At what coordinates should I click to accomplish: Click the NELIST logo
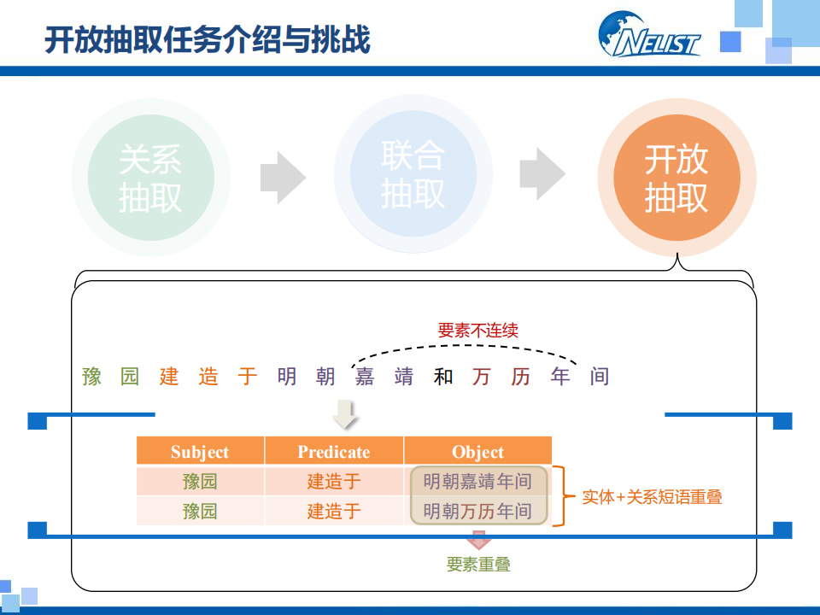coord(649,36)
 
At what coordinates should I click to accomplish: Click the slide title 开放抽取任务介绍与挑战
coord(208,40)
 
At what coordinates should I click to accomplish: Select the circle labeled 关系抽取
coord(150,176)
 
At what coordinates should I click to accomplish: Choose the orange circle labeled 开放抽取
coord(676,176)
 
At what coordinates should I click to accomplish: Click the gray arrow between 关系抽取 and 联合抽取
coord(283,176)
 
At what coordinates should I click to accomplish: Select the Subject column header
coord(200,452)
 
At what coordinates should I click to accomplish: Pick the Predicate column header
coord(334,452)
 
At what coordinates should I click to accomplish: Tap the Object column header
coord(477,452)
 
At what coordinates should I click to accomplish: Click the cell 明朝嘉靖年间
coord(477,482)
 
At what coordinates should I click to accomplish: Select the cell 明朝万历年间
coord(477,511)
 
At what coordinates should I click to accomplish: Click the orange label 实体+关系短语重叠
coord(652,496)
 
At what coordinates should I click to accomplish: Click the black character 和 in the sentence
coord(442,376)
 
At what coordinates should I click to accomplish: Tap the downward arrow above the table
coord(346,416)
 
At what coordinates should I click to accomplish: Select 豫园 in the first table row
coord(200,482)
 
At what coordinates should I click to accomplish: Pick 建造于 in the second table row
coord(334,511)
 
